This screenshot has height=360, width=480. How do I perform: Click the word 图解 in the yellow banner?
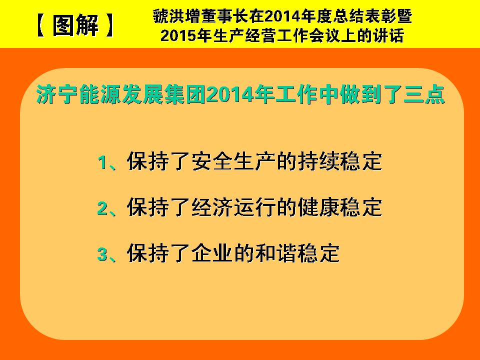tap(75, 25)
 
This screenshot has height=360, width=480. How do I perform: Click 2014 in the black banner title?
tap(281, 16)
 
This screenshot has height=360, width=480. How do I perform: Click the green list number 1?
tap(102, 162)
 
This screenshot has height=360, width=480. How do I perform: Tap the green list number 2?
tap(102, 208)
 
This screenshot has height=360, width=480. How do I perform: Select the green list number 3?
tap(102, 254)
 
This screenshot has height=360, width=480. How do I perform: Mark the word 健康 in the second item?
tap(318, 207)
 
